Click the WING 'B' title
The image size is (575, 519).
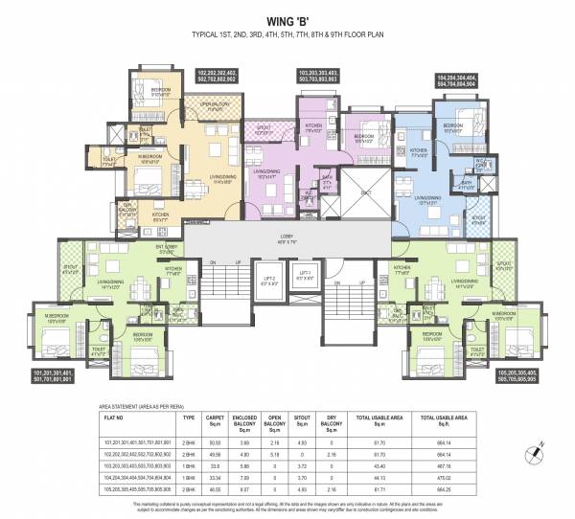click(287, 16)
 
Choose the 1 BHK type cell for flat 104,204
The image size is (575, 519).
click(189, 477)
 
